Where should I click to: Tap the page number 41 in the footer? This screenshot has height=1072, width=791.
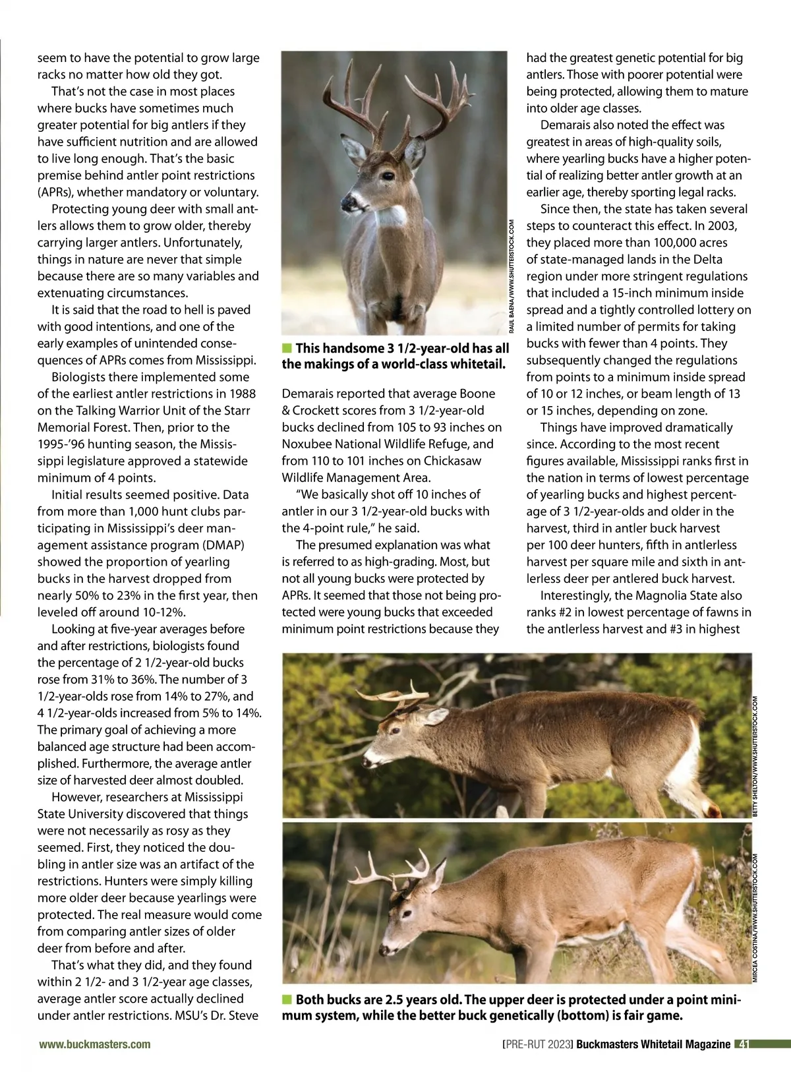743,1044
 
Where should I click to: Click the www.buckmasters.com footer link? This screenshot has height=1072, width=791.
94,1044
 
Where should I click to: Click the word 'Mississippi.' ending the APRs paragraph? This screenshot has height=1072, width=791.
225,360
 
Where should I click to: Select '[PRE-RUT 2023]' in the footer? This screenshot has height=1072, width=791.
537,1044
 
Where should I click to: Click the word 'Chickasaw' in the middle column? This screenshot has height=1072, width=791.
452,461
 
